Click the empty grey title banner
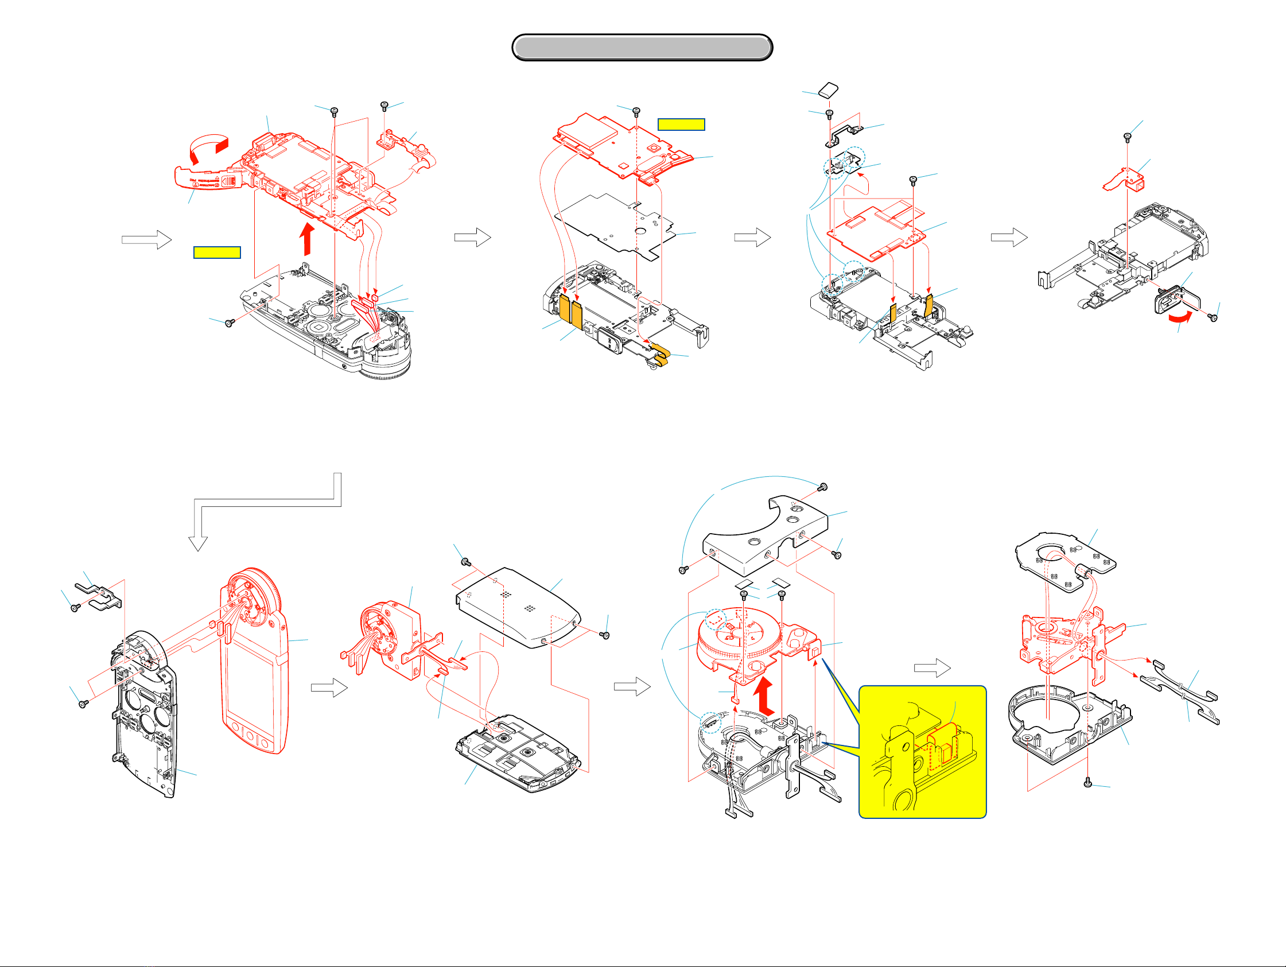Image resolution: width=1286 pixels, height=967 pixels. (642, 47)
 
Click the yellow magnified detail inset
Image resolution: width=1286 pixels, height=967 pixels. (923, 752)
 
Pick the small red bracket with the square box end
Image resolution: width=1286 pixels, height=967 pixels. (1125, 181)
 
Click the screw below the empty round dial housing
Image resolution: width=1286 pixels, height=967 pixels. (1089, 784)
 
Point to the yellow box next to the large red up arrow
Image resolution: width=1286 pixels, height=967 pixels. (217, 253)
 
